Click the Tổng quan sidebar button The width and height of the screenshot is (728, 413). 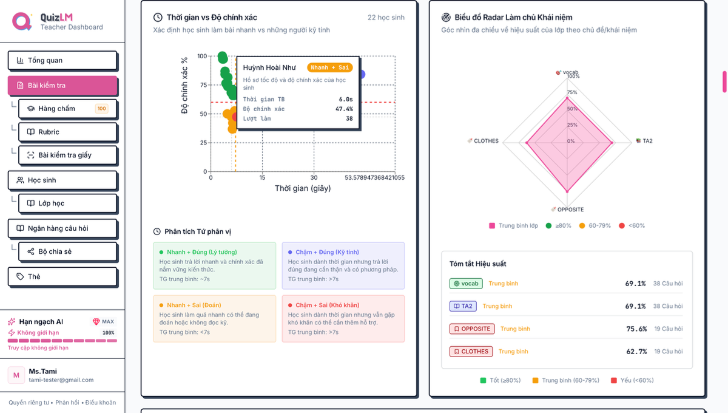[x=62, y=60]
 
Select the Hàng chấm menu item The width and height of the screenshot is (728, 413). [x=67, y=109]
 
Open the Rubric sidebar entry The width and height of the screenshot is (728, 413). [x=67, y=132]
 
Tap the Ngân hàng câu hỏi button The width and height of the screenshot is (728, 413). [x=62, y=228]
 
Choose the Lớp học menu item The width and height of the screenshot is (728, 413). [x=67, y=203]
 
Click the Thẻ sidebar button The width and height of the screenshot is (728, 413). [x=62, y=276]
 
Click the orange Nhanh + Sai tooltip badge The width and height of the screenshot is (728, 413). [x=329, y=67]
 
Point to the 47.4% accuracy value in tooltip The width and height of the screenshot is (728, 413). [x=344, y=109]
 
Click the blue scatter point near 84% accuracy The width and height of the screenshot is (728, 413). [x=362, y=74]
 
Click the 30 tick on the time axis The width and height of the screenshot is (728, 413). [x=314, y=177]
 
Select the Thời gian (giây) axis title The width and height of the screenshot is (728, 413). [x=303, y=188]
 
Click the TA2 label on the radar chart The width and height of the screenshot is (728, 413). [x=647, y=141]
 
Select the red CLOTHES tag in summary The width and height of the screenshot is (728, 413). [x=471, y=352]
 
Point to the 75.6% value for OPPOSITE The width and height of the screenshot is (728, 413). [x=636, y=329]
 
